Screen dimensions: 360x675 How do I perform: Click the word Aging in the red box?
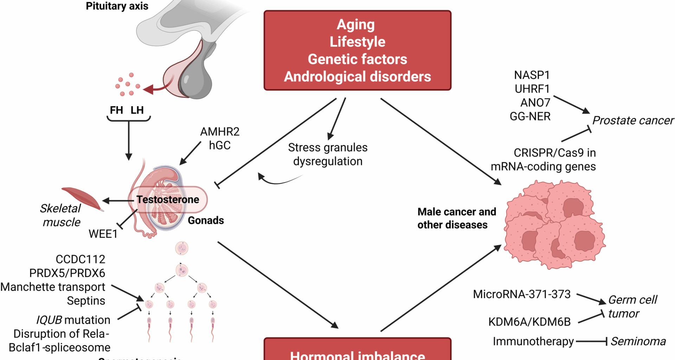click(x=356, y=25)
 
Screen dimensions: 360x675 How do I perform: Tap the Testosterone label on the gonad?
click(x=168, y=200)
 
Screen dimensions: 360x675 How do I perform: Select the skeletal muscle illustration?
click(x=83, y=198)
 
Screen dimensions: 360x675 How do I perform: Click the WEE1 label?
click(x=103, y=234)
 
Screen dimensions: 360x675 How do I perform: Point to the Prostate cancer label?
click(x=633, y=121)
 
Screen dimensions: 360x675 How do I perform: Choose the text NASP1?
click(x=532, y=75)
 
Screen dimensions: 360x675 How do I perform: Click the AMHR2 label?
click(x=220, y=132)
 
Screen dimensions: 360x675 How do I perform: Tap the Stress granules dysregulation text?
click(x=328, y=154)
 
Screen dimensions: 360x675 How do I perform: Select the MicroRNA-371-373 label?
click(x=522, y=294)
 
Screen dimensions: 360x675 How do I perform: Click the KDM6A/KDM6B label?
click(x=529, y=322)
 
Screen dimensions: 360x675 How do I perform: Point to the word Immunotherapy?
click(x=533, y=341)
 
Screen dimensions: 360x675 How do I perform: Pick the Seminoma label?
click(x=638, y=341)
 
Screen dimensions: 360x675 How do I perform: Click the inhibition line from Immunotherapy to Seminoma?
click(x=591, y=341)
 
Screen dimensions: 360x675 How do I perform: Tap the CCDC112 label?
click(x=81, y=259)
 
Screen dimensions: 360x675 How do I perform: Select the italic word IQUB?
click(x=54, y=320)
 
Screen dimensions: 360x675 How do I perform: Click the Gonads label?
click(x=206, y=220)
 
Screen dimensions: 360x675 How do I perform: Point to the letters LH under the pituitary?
click(x=137, y=110)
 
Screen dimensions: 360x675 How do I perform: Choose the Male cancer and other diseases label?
click(x=456, y=218)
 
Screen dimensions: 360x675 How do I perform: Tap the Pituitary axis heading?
click(x=117, y=6)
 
